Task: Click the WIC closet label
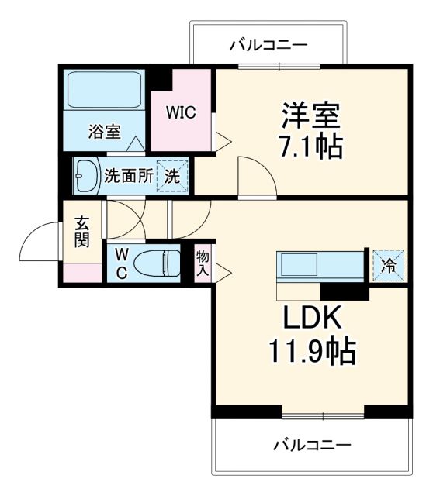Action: click(181, 112)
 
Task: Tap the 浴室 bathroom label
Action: click(103, 132)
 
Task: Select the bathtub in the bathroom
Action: click(103, 91)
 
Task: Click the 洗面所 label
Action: click(129, 176)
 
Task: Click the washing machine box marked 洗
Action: click(172, 175)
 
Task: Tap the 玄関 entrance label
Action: click(81, 232)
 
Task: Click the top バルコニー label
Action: click(268, 46)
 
